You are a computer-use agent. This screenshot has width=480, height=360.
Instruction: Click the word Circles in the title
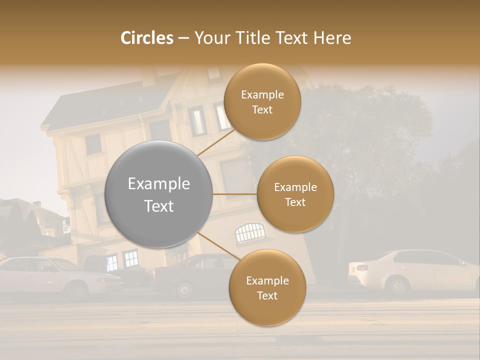[146, 38]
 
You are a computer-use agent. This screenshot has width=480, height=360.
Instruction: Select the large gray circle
[159, 194]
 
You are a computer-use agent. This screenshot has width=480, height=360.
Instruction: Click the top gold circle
[262, 101]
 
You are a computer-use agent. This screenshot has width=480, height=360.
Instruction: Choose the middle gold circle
[295, 194]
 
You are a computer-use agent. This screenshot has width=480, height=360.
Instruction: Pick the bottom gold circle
[267, 287]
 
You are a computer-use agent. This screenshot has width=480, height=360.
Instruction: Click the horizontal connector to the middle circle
[235, 194]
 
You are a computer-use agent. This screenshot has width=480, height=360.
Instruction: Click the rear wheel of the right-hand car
[398, 286]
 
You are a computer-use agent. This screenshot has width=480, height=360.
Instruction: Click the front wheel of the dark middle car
[184, 289]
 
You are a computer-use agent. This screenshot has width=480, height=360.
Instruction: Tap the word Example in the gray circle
[159, 184]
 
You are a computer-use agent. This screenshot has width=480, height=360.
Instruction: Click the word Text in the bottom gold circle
[267, 295]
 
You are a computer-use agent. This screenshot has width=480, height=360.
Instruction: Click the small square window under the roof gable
[93, 144]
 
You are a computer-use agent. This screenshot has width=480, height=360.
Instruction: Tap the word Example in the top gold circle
[262, 95]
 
